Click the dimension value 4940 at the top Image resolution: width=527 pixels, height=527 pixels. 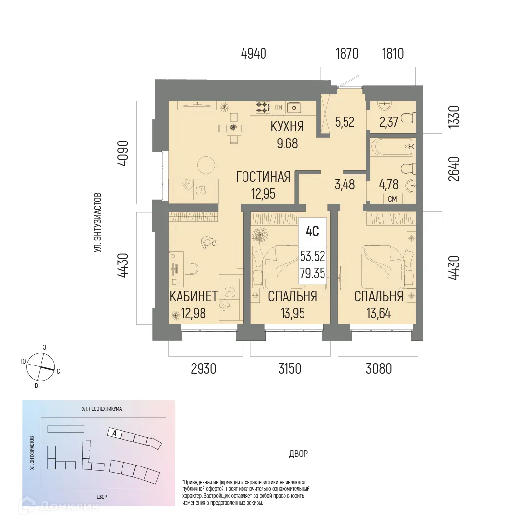pyautogui.click(x=253, y=53)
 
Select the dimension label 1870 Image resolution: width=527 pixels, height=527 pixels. pyautogui.click(x=346, y=53)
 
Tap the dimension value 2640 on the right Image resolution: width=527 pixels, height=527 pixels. pyautogui.click(x=454, y=169)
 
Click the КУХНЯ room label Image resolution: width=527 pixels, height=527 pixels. pyautogui.click(x=287, y=127)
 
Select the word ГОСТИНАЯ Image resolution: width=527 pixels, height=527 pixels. pyautogui.click(x=263, y=177)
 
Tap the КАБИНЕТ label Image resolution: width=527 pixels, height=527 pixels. pyautogui.click(x=193, y=296)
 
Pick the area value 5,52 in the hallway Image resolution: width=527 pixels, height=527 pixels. pyautogui.click(x=345, y=122)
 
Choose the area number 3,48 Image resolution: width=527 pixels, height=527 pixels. pyautogui.click(x=345, y=185)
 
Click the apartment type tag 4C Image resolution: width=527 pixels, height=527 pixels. pyautogui.click(x=312, y=232)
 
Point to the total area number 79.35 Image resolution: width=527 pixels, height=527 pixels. pyautogui.click(x=312, y=273)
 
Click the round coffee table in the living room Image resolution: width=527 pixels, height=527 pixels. pyautogui.click(x=204, y=166)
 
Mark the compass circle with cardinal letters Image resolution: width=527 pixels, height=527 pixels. pyautogui.click(x=40, y=367)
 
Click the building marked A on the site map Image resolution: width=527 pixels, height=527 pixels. pyautogui.click(x=114, y=433)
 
